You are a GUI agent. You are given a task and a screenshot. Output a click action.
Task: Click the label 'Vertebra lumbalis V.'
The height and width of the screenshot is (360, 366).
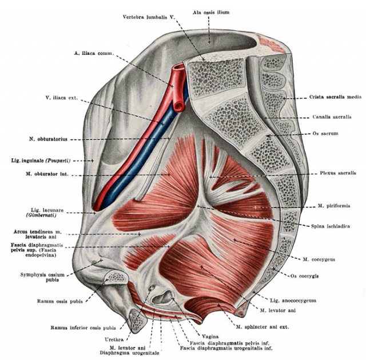point(149,17)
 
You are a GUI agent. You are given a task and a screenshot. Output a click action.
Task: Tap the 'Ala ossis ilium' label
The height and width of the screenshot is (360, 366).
point(211,13)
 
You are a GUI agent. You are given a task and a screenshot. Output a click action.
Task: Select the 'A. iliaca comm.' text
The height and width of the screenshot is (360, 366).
point(94,53)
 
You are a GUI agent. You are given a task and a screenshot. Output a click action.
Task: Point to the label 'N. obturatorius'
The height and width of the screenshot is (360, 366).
point(48,139)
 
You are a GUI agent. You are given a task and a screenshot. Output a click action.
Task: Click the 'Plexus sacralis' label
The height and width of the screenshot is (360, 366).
point(338,173)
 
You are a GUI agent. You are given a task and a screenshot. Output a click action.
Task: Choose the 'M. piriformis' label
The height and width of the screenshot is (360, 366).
point(334,206)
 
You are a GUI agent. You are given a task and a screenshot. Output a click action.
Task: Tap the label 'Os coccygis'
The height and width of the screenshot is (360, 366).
point(304,276)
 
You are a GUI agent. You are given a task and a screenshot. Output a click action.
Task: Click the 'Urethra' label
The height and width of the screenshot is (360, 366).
point(114,339)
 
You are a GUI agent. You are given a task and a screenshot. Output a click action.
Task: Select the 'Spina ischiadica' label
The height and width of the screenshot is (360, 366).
point(331,226)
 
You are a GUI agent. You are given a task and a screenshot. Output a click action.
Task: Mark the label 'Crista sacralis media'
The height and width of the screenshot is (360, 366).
point(336,97)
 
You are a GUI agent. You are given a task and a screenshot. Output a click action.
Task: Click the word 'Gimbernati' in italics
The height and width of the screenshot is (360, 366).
point(41,215)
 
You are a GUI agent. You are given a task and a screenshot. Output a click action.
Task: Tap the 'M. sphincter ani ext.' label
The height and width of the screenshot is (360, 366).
point(262,327)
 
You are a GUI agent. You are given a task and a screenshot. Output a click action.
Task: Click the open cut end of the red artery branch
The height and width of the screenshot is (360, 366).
point(180,106)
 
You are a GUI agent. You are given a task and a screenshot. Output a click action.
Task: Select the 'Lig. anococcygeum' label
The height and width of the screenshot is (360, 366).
point(293,301)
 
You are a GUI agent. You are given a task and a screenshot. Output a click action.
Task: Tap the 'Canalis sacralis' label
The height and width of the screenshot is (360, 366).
point(332,117)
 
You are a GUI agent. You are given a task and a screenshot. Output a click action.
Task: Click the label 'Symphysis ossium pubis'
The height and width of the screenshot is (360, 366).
point(42,277)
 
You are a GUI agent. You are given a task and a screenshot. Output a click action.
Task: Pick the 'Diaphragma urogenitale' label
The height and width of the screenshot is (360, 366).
point(130,353)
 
